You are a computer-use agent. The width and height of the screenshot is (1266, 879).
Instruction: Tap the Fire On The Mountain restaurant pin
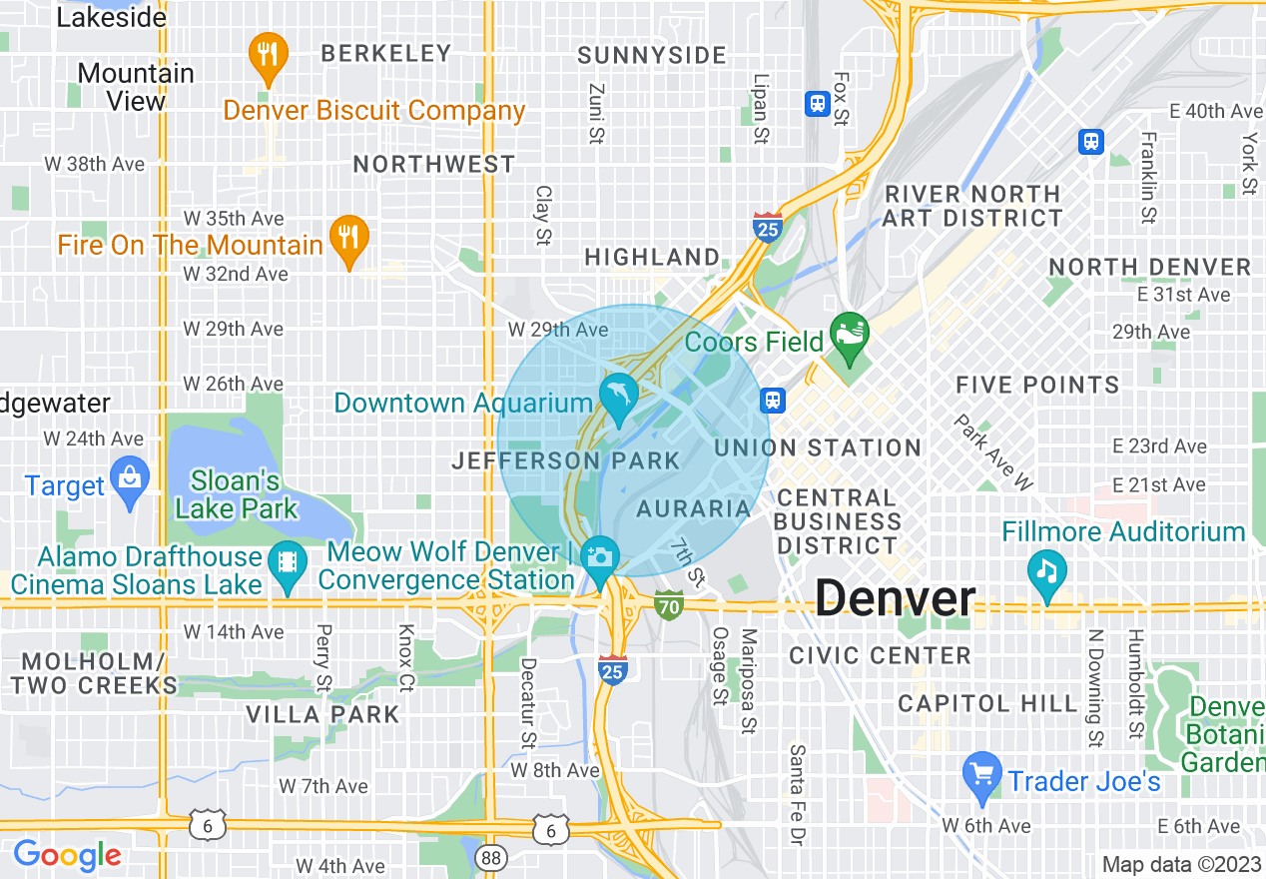click(x=348, y=238)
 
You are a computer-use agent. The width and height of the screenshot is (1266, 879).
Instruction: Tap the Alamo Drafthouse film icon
click(x=288, y=563)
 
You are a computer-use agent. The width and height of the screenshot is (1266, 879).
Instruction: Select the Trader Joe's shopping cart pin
click(x=982, y=774)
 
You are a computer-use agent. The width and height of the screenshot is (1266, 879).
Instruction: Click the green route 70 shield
click(x=669, y=603)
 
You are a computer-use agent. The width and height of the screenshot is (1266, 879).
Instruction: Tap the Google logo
click(x=67, y=855)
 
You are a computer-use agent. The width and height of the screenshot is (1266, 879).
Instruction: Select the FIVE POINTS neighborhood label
click(x=1037, y=386)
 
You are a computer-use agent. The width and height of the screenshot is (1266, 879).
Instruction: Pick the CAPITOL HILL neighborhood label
click(x=987, y=703)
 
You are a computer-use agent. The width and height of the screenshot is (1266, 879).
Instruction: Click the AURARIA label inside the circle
click(x=693, y=508)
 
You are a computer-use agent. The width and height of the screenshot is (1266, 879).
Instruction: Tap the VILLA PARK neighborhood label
click(x=322, y=714)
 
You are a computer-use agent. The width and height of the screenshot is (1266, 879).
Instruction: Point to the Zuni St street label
click(x=596, y=114)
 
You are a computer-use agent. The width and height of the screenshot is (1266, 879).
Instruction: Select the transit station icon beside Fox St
click(x=817, y=103)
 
